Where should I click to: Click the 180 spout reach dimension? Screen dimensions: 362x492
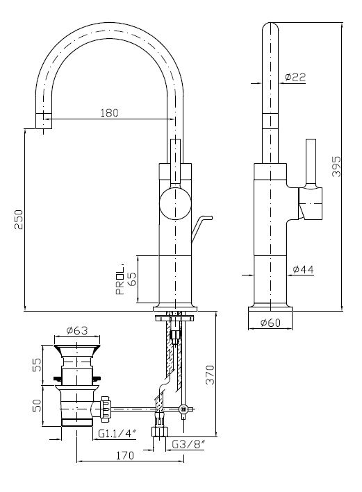(x=109, y=112)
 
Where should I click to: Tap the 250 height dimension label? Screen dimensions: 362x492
(x=19, y=220)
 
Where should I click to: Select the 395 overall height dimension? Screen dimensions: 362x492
(x=336, y=167)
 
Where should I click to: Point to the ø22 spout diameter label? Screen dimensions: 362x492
(x=295, y=77)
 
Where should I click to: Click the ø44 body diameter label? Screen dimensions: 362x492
(x=303, y=269)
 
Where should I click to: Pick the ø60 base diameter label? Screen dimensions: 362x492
(x=270, y=323)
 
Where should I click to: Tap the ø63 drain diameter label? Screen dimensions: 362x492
(x=77, y=330)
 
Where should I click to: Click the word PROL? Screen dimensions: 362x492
(x=120, y=280)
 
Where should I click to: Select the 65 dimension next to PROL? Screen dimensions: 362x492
(x=132, y=279)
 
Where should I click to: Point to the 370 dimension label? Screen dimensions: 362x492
(x=210, y=374)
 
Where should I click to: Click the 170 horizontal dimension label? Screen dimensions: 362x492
(x=125, y=455)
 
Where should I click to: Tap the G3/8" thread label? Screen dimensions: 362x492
(x=188, y=444)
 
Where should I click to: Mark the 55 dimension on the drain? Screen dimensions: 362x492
(x=37, y=365)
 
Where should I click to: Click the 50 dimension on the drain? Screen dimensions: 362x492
(x=37, y=405)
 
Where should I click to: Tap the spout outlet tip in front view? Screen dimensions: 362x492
(x=43, y=121)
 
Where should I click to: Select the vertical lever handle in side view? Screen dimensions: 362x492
(x=311, y=163)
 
